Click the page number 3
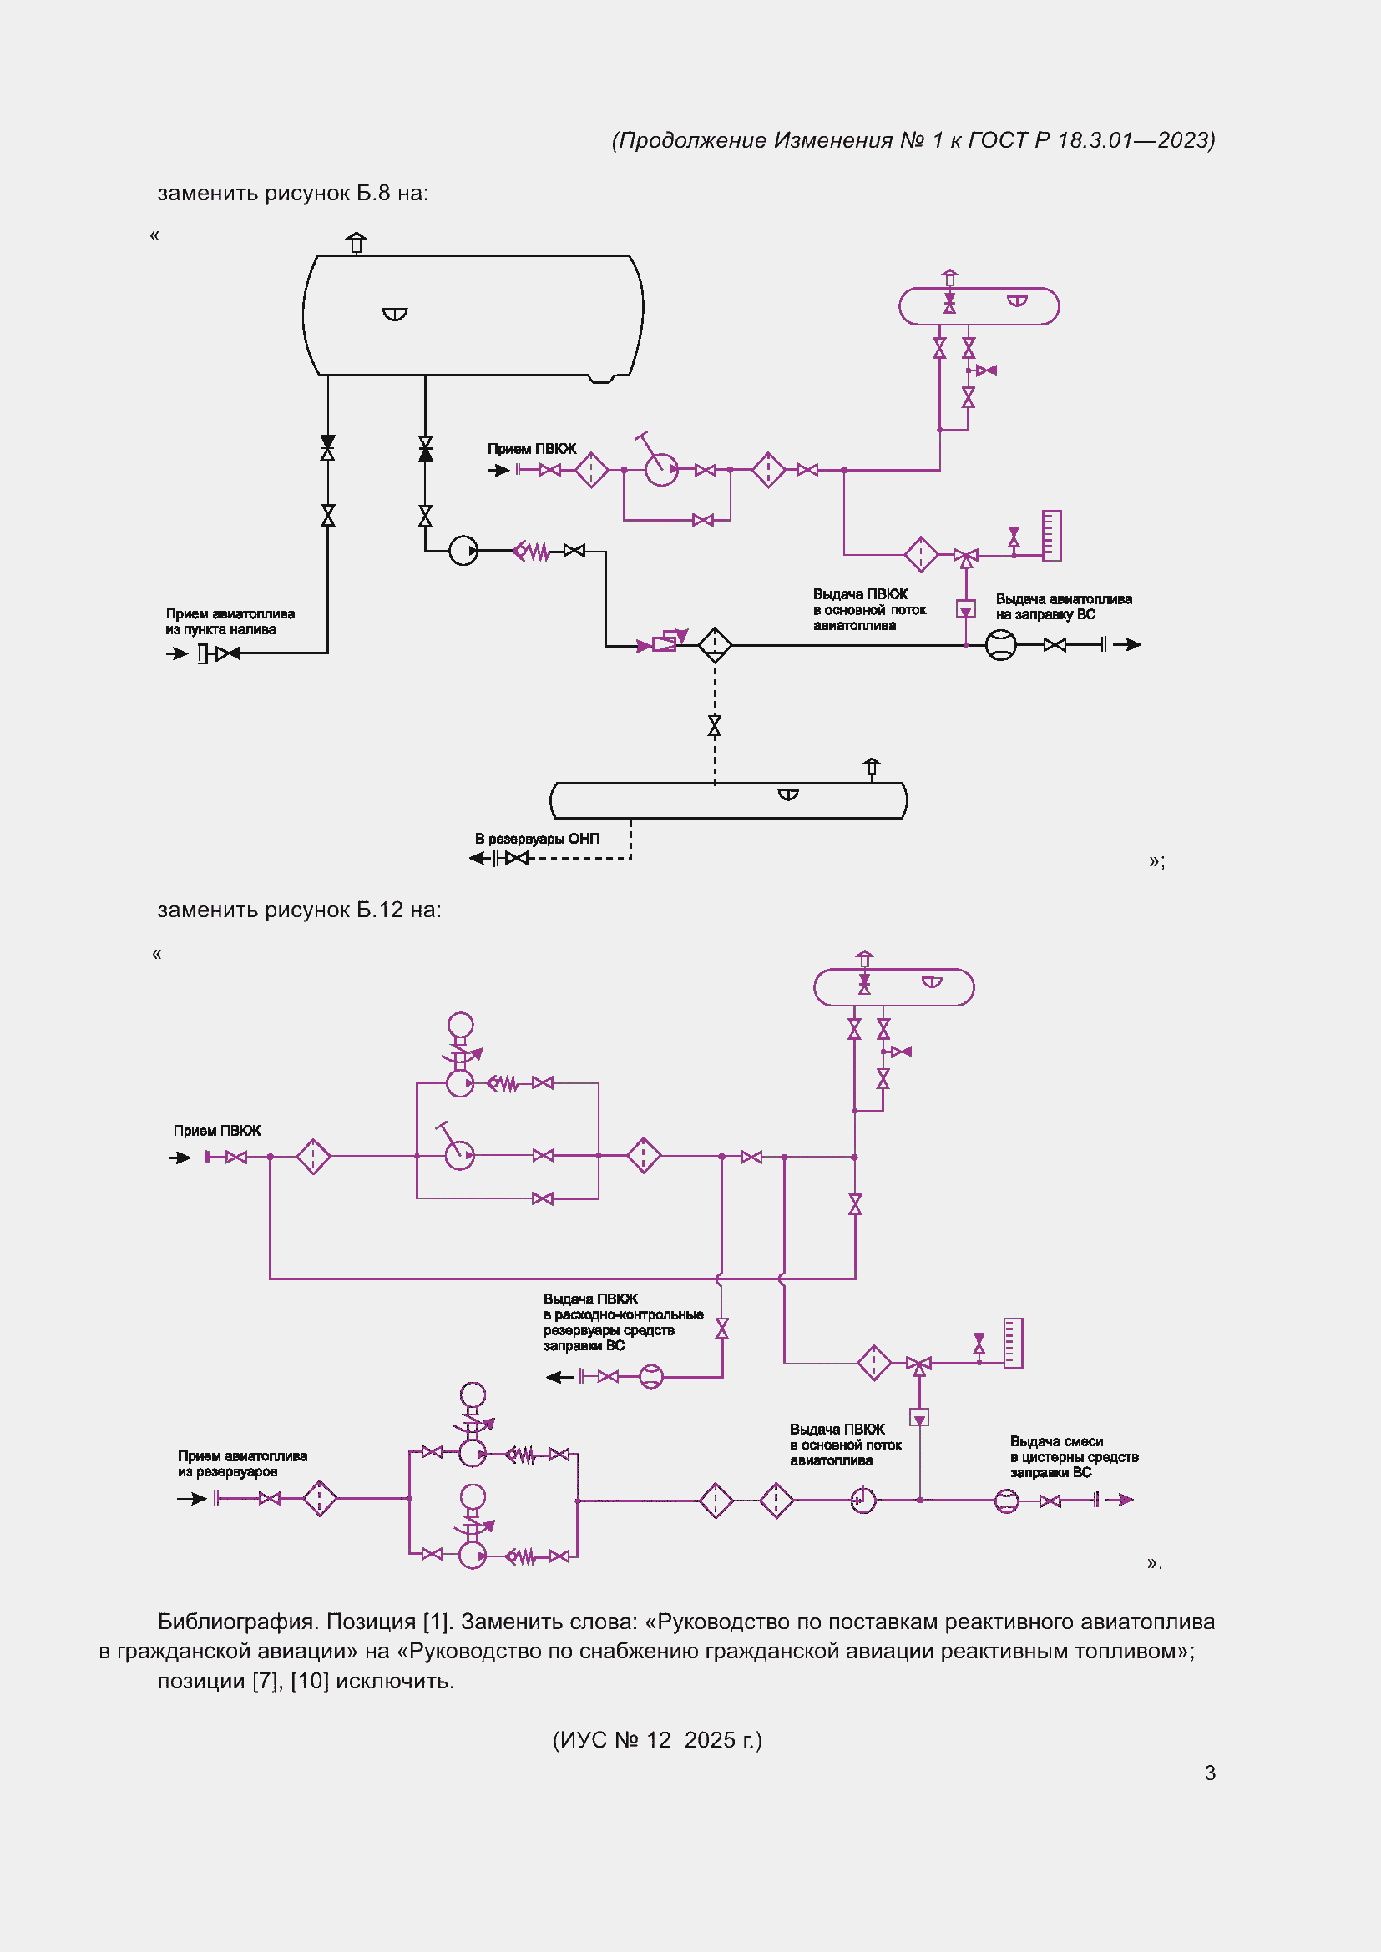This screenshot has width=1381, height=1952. click(1209, 1773)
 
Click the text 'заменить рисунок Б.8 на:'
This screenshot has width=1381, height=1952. click(293, 194)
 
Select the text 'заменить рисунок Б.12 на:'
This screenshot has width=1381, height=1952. click(300, 910)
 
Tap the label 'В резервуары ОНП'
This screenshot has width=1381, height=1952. click(537, 839)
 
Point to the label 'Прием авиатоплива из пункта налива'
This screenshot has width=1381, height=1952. click(230, 622)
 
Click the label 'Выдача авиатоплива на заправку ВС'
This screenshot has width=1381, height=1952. click(1064, 607)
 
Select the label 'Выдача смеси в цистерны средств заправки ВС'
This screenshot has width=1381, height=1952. click(1074, 1457)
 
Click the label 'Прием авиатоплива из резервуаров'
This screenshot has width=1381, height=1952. click(242, 1464)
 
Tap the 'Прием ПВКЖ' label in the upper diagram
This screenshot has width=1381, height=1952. click(532, 449)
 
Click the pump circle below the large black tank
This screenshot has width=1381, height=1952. click(463, 551)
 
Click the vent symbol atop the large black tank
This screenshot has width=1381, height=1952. click(357, 243)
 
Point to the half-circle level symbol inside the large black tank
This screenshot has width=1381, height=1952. click(395, 314)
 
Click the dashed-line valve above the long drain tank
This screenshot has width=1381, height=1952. click(715, 725)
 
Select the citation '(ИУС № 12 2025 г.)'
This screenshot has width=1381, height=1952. click(657, 1740)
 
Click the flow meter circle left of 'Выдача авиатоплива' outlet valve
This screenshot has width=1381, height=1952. click(1001, 645)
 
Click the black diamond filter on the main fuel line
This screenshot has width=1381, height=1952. click(715, 645)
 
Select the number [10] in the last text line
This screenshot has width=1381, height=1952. click(310, 1682)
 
